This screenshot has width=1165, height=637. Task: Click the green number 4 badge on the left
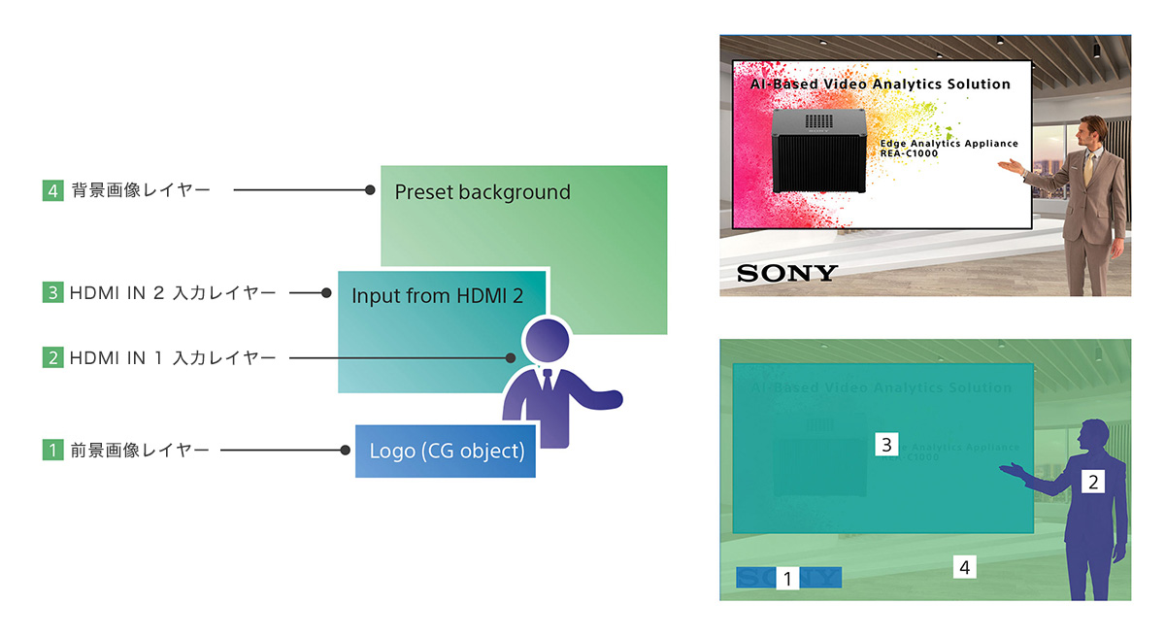(x=52, y=191)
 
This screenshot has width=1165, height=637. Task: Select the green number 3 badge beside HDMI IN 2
(x=52, y=292)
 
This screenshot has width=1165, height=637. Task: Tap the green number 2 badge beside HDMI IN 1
(x=52, y=358)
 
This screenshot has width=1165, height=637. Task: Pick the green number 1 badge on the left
(x=52, y=451)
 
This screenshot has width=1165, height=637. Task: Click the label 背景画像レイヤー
(x=140, y=191)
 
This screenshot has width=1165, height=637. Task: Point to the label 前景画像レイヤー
(x=140, y=451)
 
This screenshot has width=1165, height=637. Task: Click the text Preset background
(x=483, y=192)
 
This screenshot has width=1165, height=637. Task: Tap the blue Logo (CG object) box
(x=446, y=452)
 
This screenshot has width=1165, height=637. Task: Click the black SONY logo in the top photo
(x=786, y=273)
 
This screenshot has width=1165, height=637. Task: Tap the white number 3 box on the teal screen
(x=885, y=445)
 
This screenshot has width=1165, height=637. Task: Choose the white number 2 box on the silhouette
(x=1093, y=481)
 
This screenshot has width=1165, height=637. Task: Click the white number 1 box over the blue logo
(x=788, y=579)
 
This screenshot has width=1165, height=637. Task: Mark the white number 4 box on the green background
(x=964, y=566)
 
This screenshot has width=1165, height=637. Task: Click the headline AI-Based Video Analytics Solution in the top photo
(x=880, y=84)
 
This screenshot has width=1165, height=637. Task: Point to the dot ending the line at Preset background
(x=370, y=191)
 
